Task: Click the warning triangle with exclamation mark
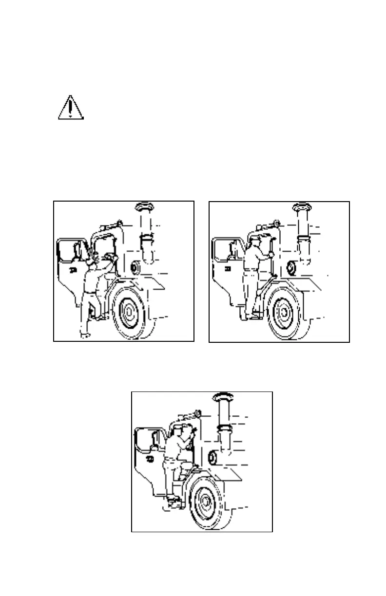[71, 108]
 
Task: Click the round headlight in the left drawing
[136, 267]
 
